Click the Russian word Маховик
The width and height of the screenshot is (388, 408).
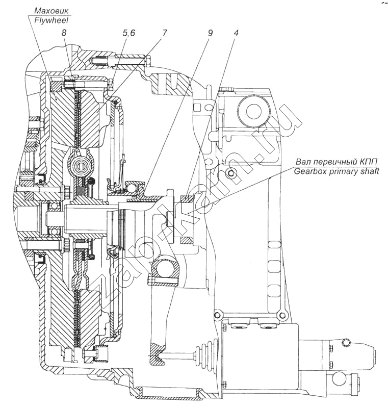(49, 11)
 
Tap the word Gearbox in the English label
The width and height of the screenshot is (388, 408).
(309, 171)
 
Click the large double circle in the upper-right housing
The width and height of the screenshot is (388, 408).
(253, 111)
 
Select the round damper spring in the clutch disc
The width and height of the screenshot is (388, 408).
(81, 165)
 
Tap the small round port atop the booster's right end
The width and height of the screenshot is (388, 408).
(347, 342)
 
